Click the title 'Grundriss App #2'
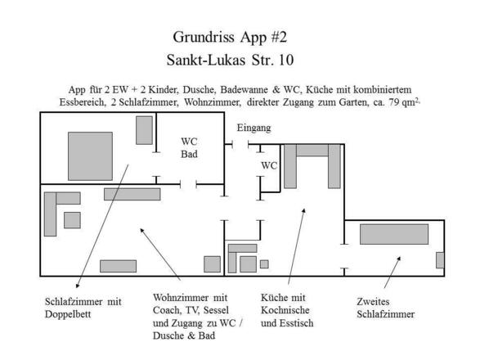[x=230, y=37]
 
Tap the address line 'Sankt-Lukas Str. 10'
[x=230, y=60]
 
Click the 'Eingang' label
[x=253, y=128]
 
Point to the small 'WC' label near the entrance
[x=269, y=165]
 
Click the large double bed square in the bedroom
[x=90, y=155]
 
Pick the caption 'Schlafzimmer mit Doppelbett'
[x=83, y=308]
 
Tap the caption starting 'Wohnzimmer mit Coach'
[x=194, y=317]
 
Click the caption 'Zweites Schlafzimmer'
[x=386, y=308]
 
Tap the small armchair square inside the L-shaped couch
[x=72, y=220]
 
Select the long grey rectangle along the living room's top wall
[x=132, y=194]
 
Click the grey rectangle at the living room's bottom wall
[x=118, y=266]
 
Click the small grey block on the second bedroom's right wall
[x=440, y=260]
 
